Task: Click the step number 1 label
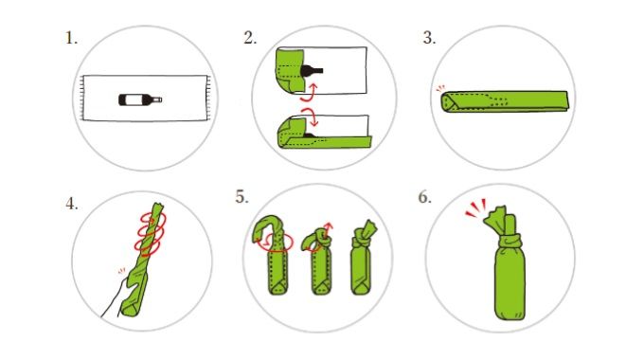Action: point(71,39)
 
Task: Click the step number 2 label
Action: point(250,38)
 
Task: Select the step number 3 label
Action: point(429,38)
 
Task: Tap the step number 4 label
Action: point(71,204)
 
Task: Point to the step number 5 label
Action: point(242,197)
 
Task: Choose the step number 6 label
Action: point(424,197)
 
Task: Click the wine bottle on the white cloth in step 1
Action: point(140,99)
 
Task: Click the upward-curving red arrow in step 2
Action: point(309,93)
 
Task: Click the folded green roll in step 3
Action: point(505,101)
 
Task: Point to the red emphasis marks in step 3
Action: point(440,88)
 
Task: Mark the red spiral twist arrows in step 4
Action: point(150,233)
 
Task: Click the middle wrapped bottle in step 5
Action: point(320,261)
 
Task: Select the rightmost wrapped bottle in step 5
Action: point(362,258)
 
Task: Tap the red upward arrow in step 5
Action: point(328,229)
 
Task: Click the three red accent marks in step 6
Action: point(476,207)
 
